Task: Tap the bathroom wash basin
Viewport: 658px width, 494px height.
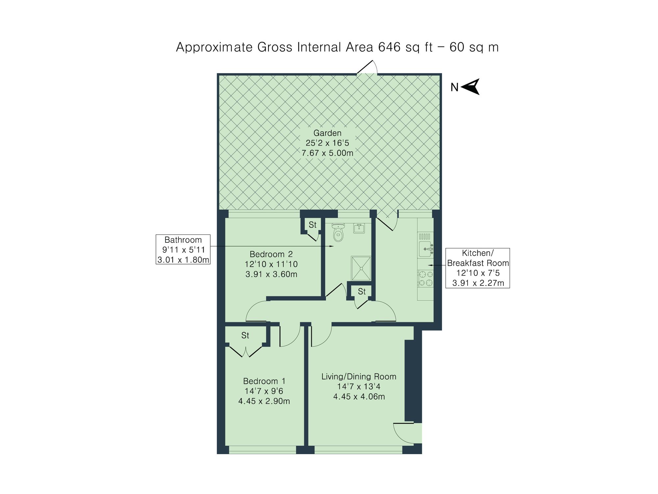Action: pyautogui.click(x=359, y=228)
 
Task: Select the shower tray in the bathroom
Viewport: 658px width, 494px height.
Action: pyautogui.click(x=361, y=268)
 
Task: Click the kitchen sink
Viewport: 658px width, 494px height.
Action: pyautogui.click(x=425, y=249)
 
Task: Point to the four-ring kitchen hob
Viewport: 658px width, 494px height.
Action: pyautogui.click(x=425, y=278)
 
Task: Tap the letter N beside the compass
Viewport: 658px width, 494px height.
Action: pyautogui.click(x=454, y=87)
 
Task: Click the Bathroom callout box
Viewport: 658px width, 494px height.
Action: pyautogui.click(x=183, y=249)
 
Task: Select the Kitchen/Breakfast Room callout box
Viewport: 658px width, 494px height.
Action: pyautogui.click(x=477, y=268)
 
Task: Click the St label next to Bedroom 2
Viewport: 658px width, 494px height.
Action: pyautogui.click(x=312, y=225)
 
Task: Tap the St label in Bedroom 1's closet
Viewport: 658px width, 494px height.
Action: pyautogui.click(x=245, y=335)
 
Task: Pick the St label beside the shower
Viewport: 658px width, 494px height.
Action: pyautogui.click(x=362, y=291)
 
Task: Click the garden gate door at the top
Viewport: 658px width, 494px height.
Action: pyautogui.click(x=367, y=68)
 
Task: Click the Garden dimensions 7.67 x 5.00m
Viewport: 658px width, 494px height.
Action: pyautogui.click(x=327, y=153)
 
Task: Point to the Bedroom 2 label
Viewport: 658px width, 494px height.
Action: pyautogui.click(x=271, y=254)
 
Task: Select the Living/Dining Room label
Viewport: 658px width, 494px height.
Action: pyautogui.click(x=359, y=376)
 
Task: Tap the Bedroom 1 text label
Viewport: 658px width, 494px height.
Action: pyautogui.click(x=264, y=381)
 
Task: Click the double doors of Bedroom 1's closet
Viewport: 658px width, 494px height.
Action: pyautogui.click(x=246, y=352)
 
